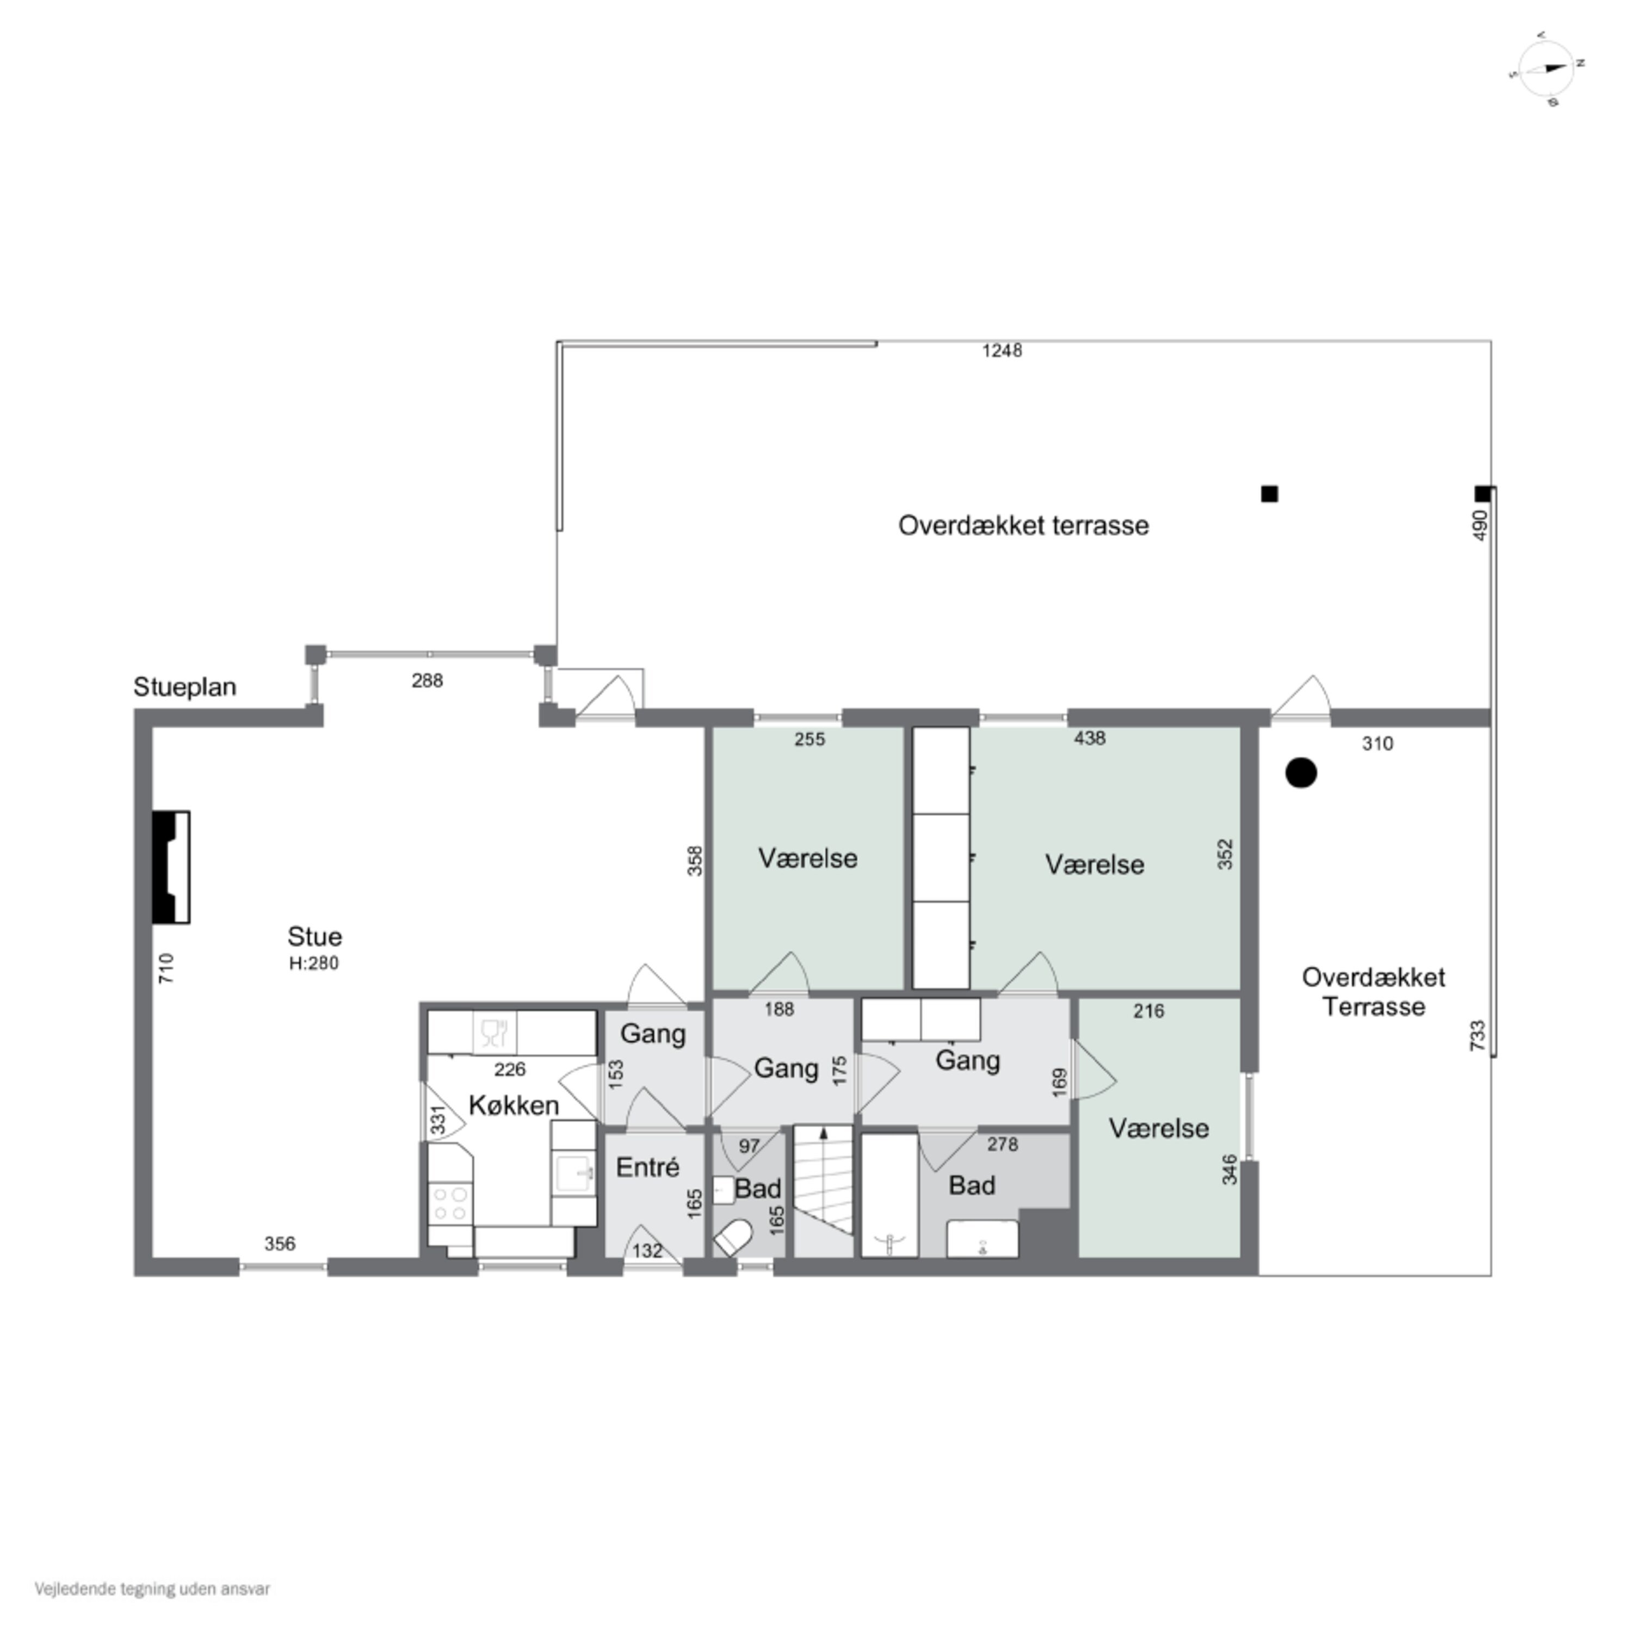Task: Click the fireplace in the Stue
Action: tap(171, 867)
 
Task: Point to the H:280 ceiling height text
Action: tap(313, 963)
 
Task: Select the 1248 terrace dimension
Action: tap(1002, 350)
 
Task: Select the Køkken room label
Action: tap(514, 1105)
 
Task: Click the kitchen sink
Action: tap(574, 1174)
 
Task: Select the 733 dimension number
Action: tap(1478, 1035)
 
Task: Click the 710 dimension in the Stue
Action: tap(166, 968)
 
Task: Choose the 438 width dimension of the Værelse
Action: tap(1090, 739)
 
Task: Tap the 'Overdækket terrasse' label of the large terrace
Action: tap(1023, 526)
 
